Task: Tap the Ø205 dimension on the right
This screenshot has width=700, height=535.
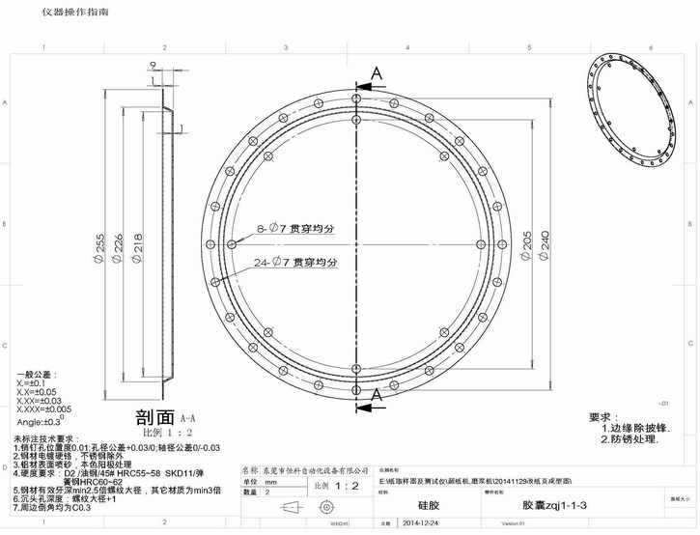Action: (x=526, y=245)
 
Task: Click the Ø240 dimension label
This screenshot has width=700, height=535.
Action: (x=546, y=245)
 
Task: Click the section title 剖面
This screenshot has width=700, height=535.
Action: (x=154, y=417)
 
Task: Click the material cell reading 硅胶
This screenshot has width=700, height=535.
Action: (x=429, y=504)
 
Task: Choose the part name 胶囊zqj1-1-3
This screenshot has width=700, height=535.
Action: (x=554, y=504)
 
